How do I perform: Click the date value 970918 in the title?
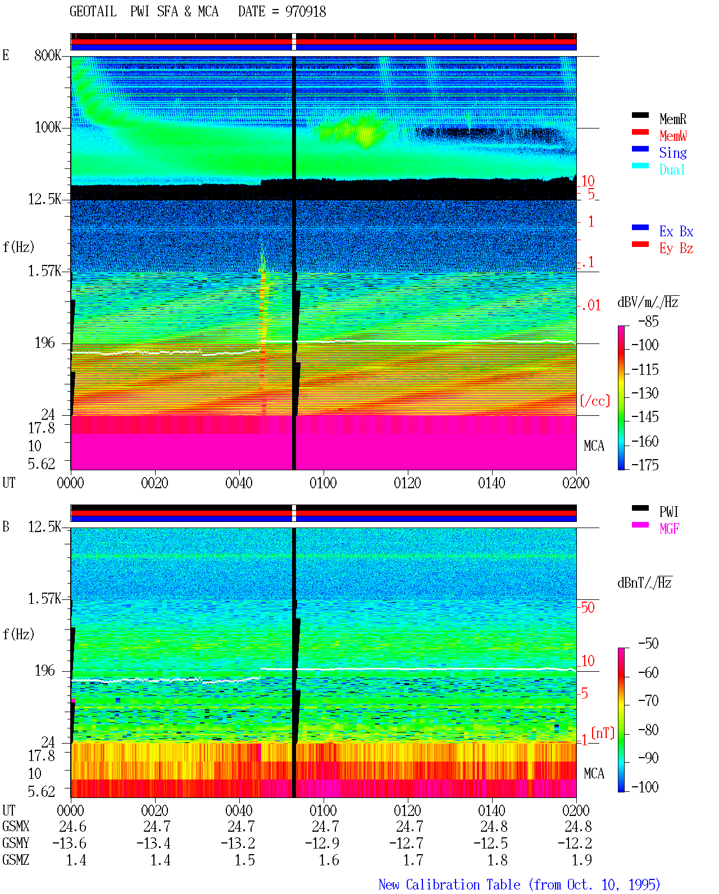point(305,12)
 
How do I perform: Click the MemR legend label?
point(673,119)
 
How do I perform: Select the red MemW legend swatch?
point(640,132)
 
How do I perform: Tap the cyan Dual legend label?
point(672,169)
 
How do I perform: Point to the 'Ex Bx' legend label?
point(676,231)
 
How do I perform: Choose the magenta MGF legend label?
point(669,529)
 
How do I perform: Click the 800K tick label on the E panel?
point(48,55)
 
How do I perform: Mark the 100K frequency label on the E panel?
point(48,127)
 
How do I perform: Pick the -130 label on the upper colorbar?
point(645,393)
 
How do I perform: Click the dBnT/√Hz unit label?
point(644,583)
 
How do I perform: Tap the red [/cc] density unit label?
point(595,401)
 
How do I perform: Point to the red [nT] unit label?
point(603,733)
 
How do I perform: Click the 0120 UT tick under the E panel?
point(408,483)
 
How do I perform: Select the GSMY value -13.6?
point(69,843)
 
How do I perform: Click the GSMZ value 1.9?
point(582,860)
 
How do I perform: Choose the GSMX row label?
point(16,826)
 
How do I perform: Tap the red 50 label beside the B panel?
point(588,608)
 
